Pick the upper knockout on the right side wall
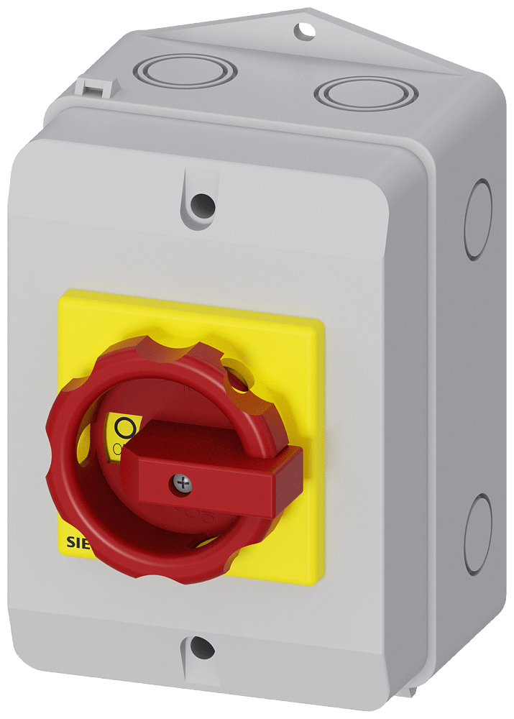pyautogui.click(x=478, y=209)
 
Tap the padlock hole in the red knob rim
pyautogui.click(x=235, y=376)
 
